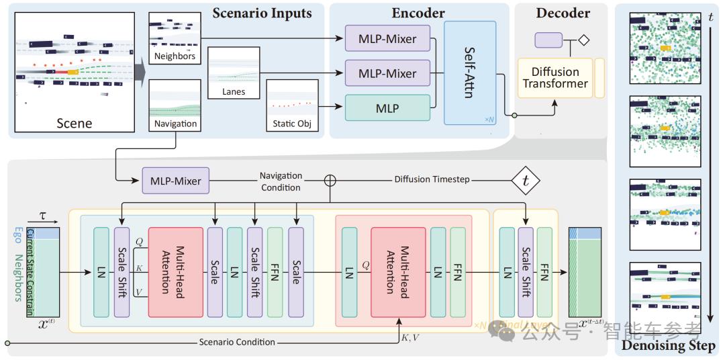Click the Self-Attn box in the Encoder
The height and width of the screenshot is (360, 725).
coord(470,73)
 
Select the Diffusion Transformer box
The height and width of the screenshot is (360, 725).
coord(555,78)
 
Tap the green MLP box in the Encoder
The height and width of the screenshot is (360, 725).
coord(387,107)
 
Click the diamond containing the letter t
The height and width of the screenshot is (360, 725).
coord(525,180)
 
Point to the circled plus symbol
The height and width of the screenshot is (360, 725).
coord(330,180)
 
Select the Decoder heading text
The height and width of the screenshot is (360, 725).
coord(563,13)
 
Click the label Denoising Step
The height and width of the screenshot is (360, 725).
coord(669,347)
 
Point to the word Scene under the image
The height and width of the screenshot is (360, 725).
coord(74,123)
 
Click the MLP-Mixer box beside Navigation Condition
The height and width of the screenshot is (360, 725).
coord(175,180)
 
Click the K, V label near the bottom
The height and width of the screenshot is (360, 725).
coord(410,337)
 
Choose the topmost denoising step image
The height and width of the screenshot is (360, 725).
coord(665,49)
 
